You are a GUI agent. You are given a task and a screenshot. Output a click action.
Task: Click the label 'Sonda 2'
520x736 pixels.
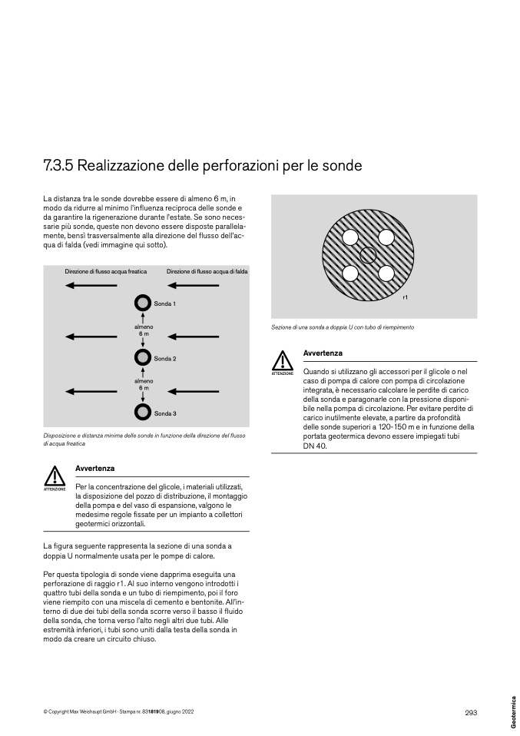coord(165,359)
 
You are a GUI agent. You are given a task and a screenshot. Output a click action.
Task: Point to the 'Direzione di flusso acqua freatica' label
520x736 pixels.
coord(105,271)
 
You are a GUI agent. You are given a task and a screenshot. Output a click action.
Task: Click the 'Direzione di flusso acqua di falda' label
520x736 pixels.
coord(207,271)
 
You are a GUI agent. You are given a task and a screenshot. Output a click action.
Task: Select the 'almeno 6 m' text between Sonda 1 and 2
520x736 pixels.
coord(144,330)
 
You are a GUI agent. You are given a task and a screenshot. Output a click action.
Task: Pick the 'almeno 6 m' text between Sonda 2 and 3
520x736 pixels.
coord(144,384)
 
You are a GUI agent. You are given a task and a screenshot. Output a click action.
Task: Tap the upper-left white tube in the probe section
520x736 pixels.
coord(350,237)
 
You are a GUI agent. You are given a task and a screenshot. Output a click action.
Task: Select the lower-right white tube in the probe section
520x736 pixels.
coord(386,274)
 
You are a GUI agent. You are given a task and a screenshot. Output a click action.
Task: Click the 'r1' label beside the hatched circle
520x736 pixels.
coord(406,297)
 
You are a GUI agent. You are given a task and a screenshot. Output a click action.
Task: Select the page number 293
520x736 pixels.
coord(471,712)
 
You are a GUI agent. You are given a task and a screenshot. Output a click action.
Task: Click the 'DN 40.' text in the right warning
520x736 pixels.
coord(315,446)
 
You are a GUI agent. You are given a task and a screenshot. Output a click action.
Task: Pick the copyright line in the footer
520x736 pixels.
coord(118,711)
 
